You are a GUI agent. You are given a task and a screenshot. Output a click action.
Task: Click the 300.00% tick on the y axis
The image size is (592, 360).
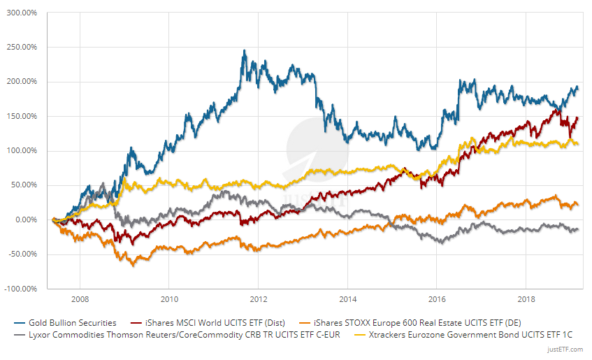(23, 13)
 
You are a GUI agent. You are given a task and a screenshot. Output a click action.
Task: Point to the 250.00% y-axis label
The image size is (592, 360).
(23, 47)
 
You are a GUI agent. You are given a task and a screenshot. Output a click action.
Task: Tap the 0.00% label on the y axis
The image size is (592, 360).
(27, 219)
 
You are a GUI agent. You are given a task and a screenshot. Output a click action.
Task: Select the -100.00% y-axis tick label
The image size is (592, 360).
(22, 289)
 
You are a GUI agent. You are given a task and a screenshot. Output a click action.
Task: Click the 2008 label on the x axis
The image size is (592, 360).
(79, 298)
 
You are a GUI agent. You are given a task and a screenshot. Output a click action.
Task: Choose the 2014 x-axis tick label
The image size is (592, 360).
(348, 298)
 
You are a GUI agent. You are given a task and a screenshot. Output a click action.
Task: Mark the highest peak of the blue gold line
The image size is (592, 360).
(244, 51)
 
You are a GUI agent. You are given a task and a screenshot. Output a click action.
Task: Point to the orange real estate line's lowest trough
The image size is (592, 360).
(133, 265)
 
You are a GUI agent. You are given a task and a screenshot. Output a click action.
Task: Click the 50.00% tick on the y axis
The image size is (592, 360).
(25, 185)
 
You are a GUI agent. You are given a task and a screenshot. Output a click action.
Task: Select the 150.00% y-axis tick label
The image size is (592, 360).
(23, 116)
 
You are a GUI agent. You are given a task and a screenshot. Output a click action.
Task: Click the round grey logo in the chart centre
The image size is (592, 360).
(308, 141)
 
